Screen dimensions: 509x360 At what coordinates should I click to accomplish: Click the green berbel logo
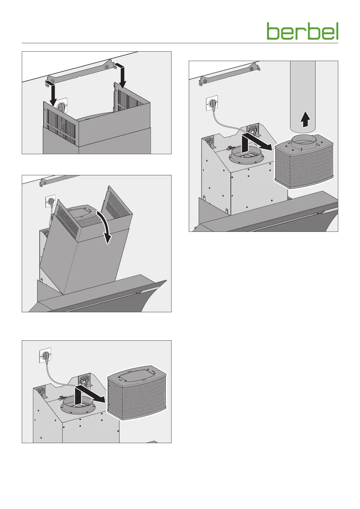(302, 31)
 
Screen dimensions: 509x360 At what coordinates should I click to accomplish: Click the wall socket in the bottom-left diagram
(45, 355)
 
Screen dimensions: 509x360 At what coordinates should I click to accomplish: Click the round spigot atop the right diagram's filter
(304, 143)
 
